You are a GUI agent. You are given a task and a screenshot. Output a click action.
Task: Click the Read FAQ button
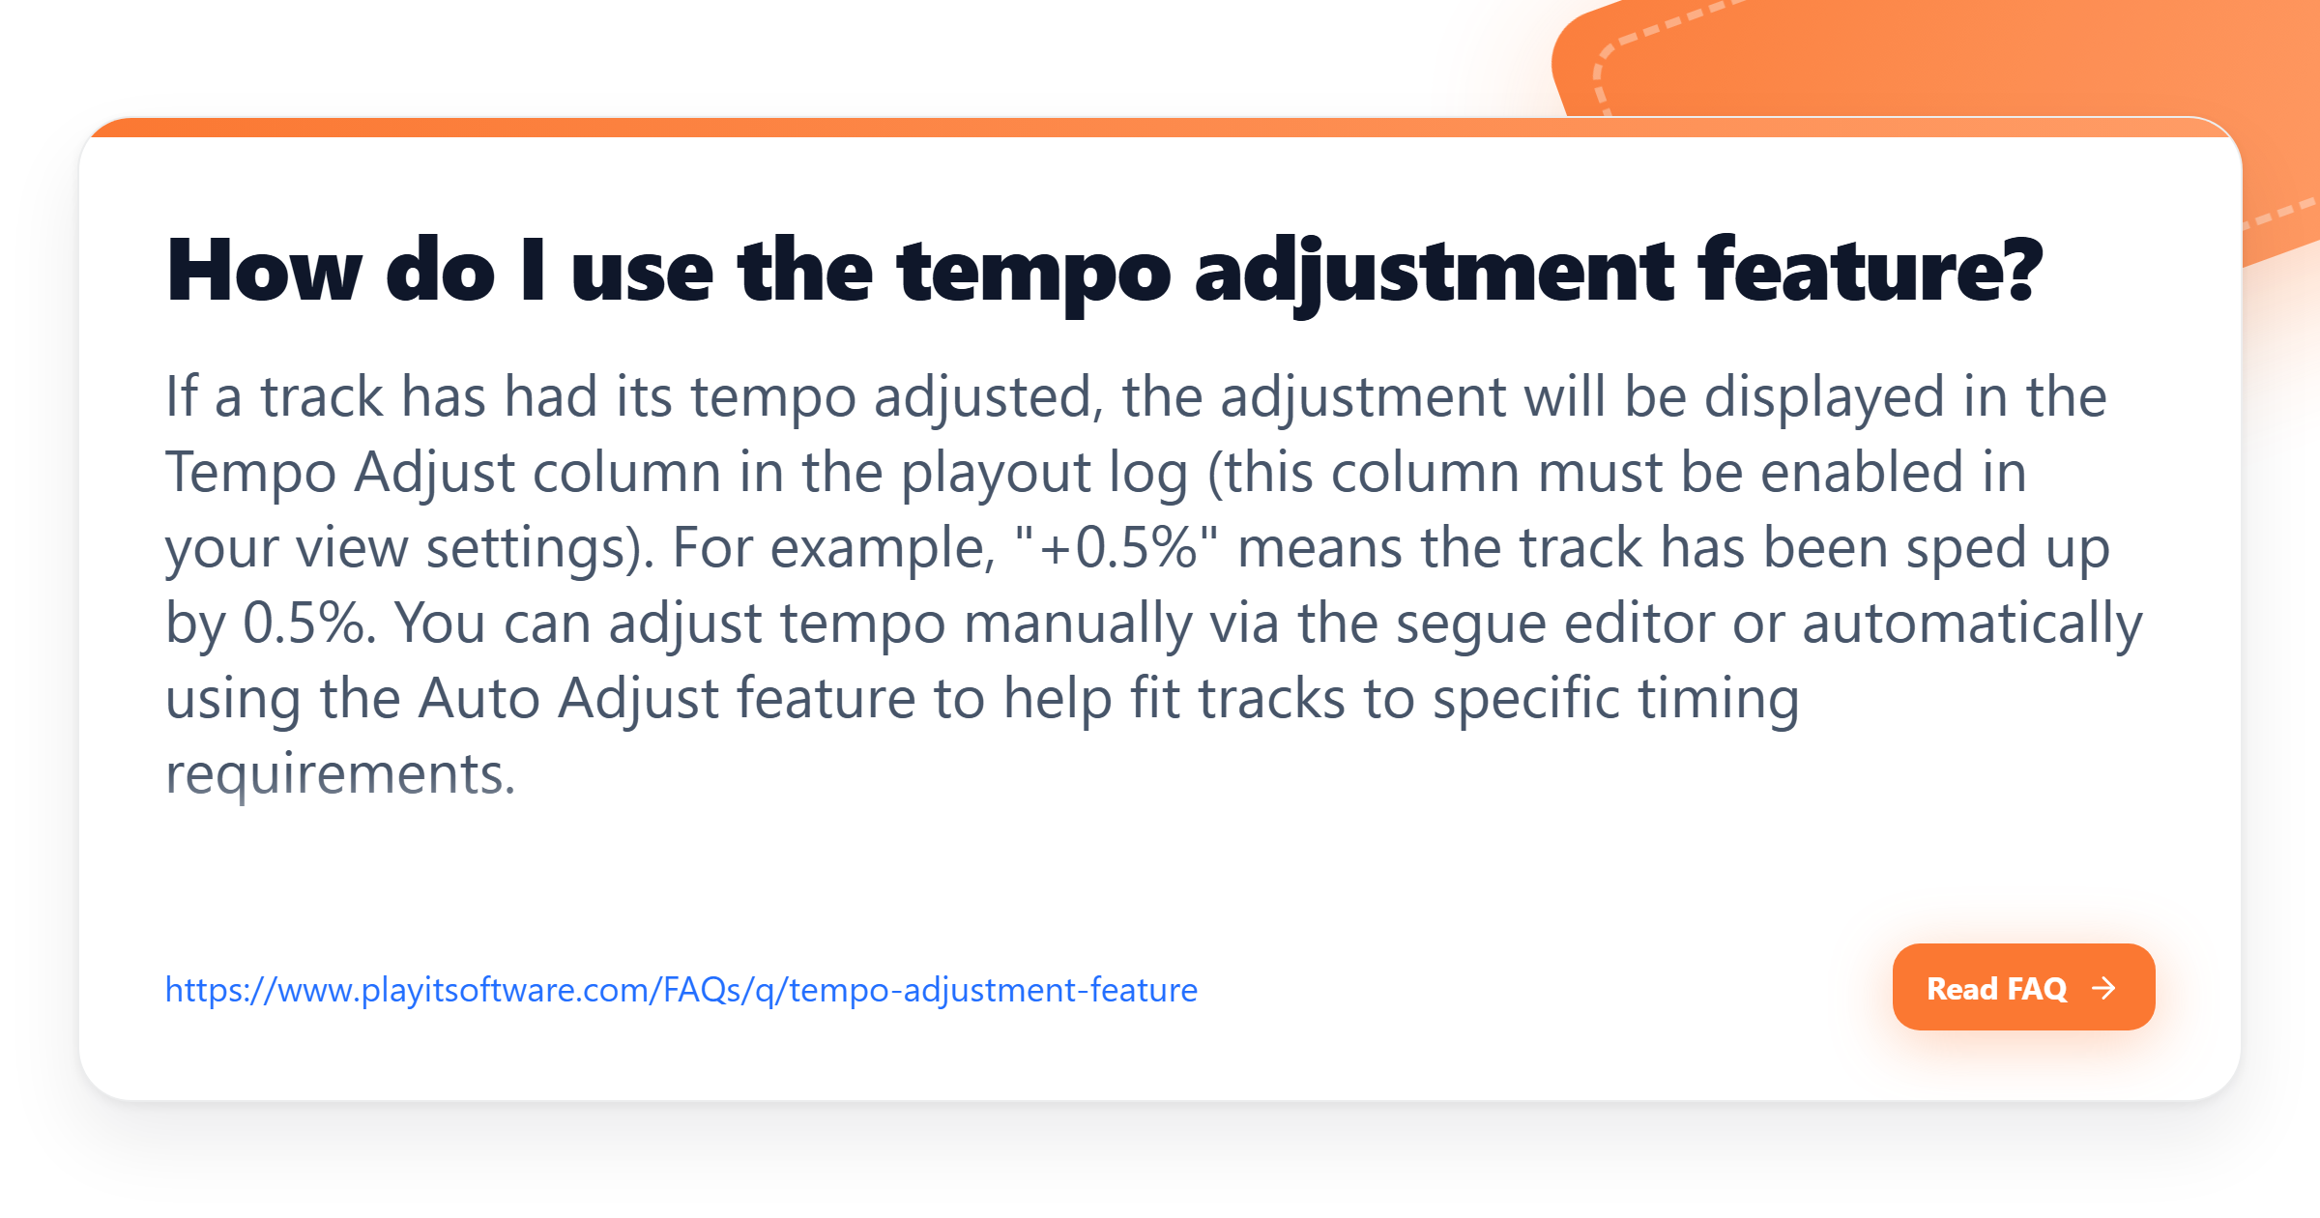point(2022,987)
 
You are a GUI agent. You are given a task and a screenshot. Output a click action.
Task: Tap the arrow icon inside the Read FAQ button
point(2103,988)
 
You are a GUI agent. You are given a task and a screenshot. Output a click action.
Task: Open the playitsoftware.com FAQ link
point(681,990)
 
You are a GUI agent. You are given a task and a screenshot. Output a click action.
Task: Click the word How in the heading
point(264,272)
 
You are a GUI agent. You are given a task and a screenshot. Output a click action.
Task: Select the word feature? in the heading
point(1870,272)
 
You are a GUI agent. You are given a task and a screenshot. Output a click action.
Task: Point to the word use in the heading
point(642,272)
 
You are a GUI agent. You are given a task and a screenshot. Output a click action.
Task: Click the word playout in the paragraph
point(995,473)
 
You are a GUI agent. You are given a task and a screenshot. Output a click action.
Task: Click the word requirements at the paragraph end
point(339,774)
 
